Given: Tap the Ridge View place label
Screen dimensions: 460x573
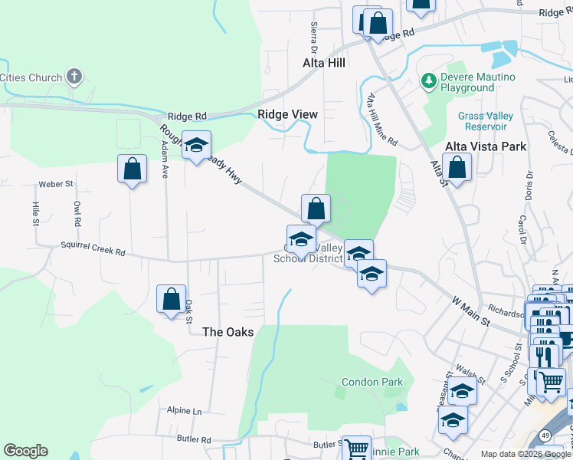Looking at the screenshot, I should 287,114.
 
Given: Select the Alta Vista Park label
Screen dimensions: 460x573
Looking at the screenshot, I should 486,146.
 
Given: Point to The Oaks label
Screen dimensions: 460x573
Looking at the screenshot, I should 228,332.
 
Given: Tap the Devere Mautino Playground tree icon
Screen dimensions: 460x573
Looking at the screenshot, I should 429,80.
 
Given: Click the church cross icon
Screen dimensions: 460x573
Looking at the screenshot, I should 74,76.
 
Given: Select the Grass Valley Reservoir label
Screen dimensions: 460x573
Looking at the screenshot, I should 483,120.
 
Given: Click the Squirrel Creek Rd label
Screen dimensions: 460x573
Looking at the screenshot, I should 93,250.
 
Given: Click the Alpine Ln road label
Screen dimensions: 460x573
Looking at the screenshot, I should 185,411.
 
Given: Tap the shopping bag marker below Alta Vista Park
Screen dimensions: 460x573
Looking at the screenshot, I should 457,169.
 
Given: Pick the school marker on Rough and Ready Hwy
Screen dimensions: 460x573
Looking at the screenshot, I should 196,144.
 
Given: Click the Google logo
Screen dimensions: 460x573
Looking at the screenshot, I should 25,451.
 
